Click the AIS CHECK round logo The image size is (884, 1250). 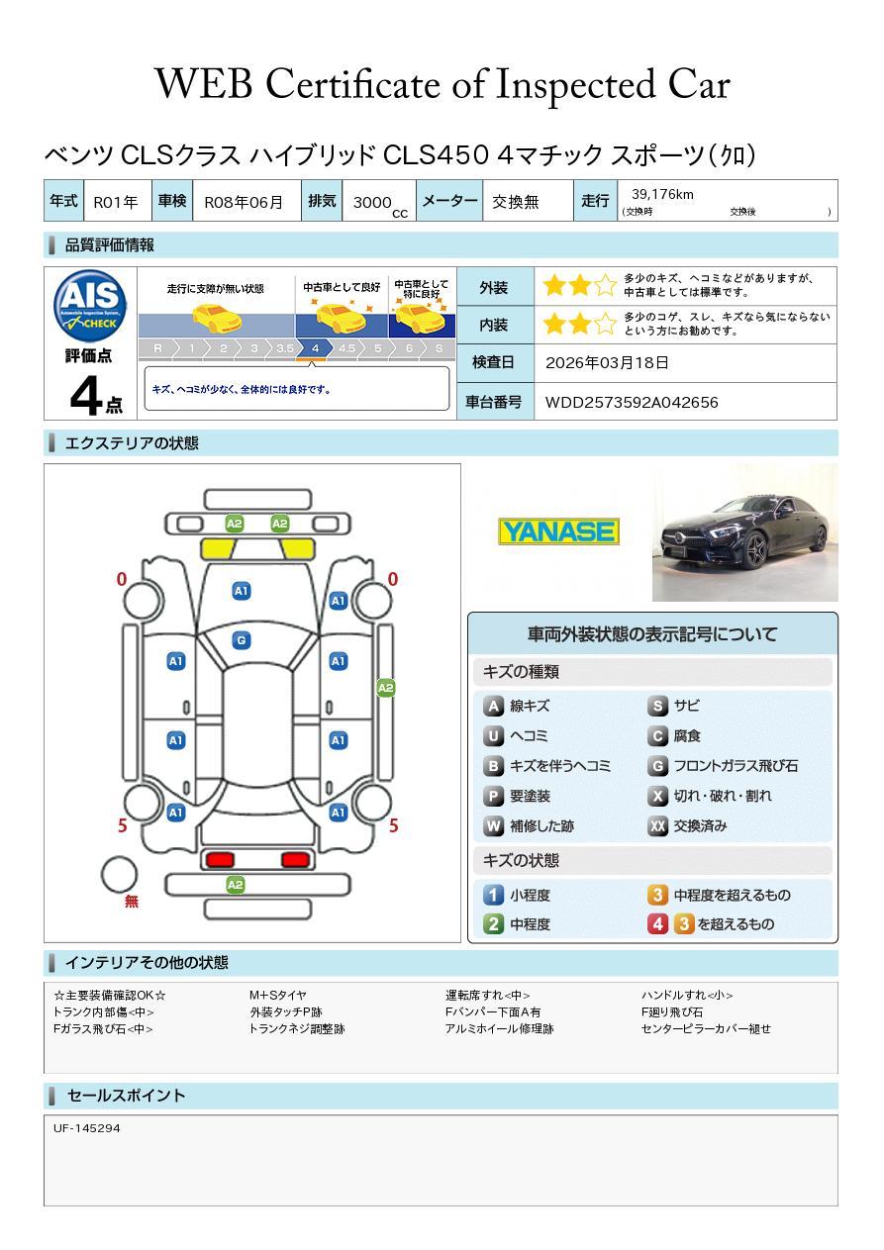(90, 307)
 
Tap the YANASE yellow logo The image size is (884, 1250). (558, 531)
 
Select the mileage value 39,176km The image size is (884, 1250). (662, 194)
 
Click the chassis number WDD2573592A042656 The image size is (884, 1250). (632, 403)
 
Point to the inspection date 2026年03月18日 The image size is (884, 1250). (607, 362)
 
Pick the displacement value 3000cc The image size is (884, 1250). (380, 204)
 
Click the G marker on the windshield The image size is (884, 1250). (242, 640)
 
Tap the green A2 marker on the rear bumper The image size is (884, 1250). (235, 885)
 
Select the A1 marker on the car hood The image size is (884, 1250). (242, 591)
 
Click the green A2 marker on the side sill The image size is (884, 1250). (386, 688)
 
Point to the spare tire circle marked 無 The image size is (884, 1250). (119, 875)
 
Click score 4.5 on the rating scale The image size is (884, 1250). (346, 348)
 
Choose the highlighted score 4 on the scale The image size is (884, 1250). (316, 348)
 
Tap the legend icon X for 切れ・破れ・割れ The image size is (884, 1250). (657, 796)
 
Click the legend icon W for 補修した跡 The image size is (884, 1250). (493, 825)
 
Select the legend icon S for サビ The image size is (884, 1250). (657, 706)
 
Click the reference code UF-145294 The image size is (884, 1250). (86, 1128)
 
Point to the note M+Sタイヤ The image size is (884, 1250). (278, 995)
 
